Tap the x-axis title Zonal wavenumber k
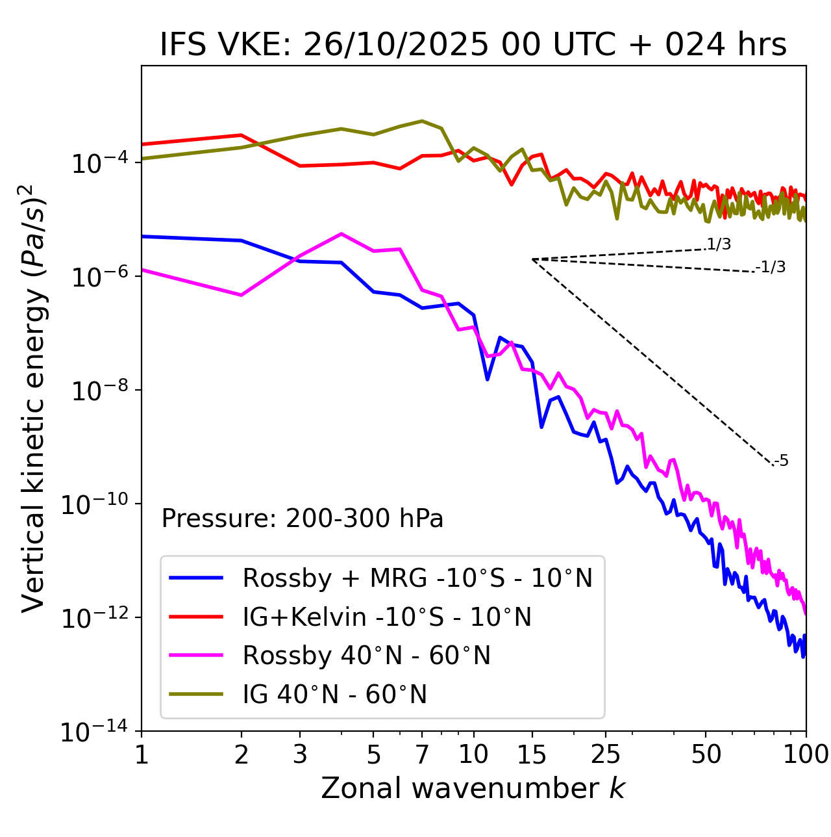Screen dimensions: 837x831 pos(473,788)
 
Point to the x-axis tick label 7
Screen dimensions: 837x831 pos(422,754)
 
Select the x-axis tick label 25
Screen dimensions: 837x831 pos(605,754)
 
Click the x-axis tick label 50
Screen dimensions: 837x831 pos(706,754)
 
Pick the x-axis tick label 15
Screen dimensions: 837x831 pos(532,754)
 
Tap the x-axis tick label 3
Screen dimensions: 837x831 pos(300,754)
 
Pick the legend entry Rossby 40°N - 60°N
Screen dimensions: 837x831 pos(366,656)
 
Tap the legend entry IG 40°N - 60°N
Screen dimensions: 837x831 pos(334,695)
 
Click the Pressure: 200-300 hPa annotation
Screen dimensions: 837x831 pos(303,519)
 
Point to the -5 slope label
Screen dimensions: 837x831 pos(781,461)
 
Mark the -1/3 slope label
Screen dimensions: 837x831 pos(771,267)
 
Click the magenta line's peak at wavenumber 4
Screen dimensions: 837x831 pos(341,234)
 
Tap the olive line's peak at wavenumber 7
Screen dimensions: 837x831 pos(422,121)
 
